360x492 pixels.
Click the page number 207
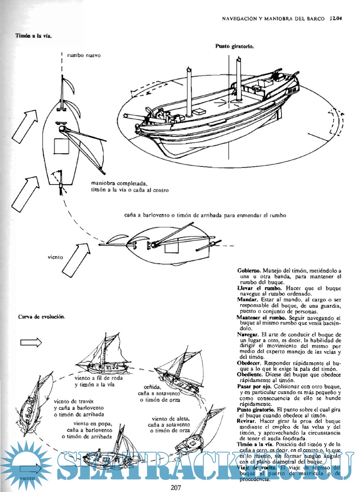(176, 487)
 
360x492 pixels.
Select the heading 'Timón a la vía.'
(33, 36)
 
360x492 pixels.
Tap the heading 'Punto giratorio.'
(235, 46)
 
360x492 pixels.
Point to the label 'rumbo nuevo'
(84, 55)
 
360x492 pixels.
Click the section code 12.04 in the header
(335, 18)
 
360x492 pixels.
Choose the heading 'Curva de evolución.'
(42, 317)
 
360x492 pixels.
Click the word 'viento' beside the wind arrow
(55, 257)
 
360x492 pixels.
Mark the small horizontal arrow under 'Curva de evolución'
(31, 342)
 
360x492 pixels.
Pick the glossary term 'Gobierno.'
(249, 271)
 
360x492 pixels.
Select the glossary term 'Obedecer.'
(249, 363)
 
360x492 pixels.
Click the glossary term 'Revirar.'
(247, 421)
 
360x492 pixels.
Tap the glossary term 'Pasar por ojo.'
(254, 386)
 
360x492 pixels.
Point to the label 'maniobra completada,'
(119, 183)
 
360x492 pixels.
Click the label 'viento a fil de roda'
(98, 378)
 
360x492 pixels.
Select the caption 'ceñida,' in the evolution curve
(152, 387)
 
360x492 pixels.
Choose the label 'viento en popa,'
(93, 423)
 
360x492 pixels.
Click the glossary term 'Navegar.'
(248, 335)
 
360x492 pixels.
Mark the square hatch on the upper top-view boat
(61, 146)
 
